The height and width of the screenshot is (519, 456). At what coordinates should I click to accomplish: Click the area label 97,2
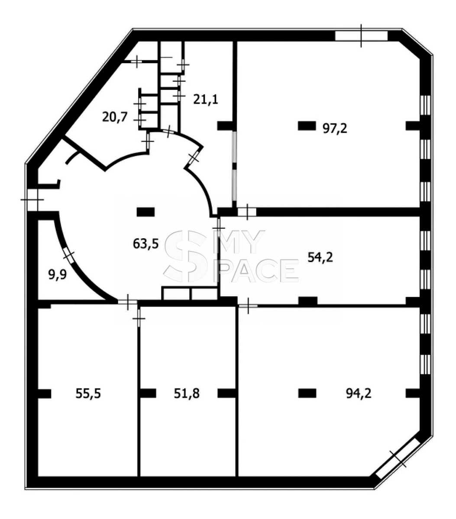[x=334, y=128]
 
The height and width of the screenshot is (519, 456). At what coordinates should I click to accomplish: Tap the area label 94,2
[x=358, y=393]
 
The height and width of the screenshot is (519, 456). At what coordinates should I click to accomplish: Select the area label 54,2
[x=320, y=257]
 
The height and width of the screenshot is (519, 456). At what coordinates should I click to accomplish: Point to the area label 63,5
[x=146, y=243]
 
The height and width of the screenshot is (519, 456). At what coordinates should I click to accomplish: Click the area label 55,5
[x=88, y=393]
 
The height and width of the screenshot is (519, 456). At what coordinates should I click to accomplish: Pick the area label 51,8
[x=187, y=393]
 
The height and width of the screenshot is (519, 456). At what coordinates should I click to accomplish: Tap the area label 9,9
[x=58, y=275]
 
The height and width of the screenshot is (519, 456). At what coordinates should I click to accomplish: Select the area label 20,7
[x=114, y=117]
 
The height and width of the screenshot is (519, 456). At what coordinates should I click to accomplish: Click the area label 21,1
[x=205, y=99]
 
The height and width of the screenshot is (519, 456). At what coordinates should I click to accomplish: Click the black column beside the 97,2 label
[x=307, y=126]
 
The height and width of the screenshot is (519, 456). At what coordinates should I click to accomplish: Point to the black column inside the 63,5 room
[x=146, y=212]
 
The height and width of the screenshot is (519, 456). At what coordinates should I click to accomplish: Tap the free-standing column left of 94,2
[x=307, y=393]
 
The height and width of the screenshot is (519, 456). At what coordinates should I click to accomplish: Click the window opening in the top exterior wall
[x=361, y=36]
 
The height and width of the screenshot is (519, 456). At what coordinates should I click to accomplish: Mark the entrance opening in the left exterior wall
[x=32, y=200]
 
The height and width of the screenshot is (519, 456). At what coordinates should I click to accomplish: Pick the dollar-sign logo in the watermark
[x=185, y=256]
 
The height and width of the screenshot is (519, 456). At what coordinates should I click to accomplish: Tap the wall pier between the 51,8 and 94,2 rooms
[x=226, y=393]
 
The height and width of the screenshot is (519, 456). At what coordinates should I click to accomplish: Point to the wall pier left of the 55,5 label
[x=44, y=394]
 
